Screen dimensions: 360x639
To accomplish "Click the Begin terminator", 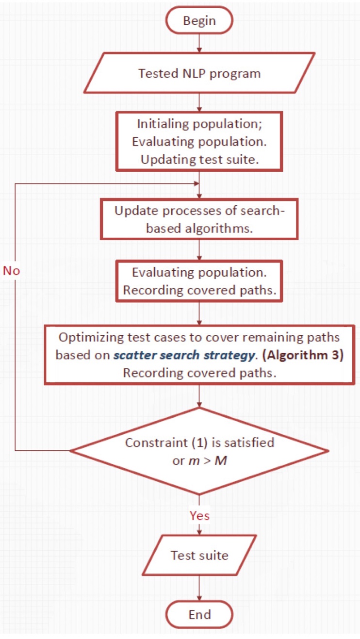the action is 199,20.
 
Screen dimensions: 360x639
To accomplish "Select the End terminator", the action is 199,614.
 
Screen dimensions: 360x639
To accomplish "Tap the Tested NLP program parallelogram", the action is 199,73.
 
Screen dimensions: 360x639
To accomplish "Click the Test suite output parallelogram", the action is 199,555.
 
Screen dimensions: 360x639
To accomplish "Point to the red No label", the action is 12,271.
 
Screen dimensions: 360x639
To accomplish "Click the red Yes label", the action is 200,516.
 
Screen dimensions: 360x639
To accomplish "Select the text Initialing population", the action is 198,124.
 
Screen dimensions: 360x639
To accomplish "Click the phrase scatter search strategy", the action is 184,355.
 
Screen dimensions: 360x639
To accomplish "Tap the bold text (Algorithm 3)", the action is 303,355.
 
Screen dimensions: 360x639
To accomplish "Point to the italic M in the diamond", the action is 220,461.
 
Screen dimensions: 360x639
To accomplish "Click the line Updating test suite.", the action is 200,160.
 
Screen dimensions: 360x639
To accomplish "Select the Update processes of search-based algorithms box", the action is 199,219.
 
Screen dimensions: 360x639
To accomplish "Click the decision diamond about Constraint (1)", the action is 199,451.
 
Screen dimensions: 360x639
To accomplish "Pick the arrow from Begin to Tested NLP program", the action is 199,43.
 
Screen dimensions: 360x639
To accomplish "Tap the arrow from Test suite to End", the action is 199,588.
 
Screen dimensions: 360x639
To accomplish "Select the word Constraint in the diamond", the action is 157,442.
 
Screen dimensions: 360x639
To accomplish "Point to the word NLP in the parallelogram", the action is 194,73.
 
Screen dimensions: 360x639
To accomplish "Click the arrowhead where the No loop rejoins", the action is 196,183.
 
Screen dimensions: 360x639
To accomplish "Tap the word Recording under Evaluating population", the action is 153,290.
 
